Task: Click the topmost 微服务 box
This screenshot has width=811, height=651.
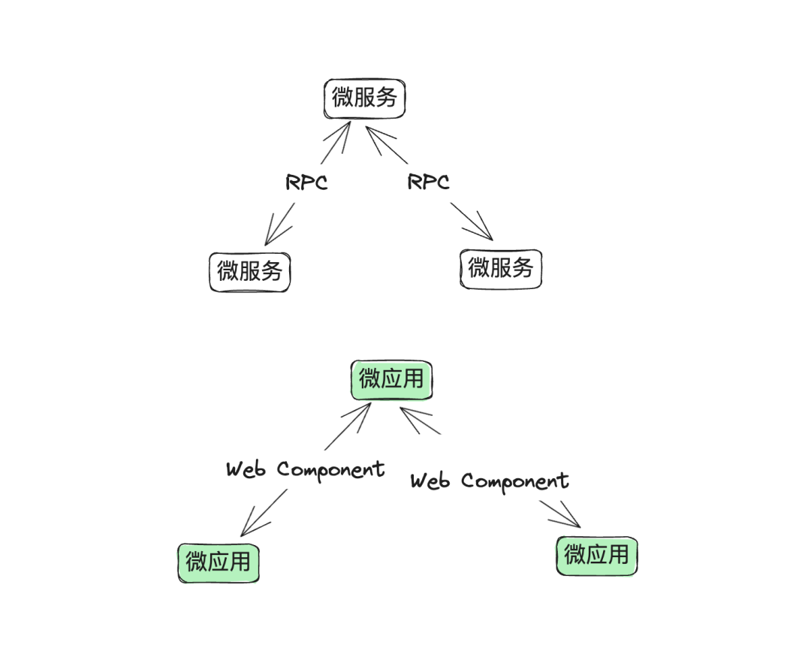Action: click(365, 98)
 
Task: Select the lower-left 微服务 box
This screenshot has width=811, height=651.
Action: click(249, 270)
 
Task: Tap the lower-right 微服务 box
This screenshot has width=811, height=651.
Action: click(500, 268)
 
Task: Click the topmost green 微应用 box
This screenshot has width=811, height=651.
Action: click(391, 379)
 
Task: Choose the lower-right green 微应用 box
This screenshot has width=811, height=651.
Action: click(596, 556)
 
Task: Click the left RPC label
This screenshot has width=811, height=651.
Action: click(306, 182)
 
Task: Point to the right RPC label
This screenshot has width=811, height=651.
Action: click(428, 182)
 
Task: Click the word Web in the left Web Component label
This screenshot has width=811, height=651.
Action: click(246, 470)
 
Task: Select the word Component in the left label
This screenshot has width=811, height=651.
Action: click(330, 470)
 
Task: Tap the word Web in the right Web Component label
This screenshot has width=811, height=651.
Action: click(430, 481)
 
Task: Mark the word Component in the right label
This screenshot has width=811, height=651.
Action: click(515, 481)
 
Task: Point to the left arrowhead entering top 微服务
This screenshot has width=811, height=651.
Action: click(346, 128)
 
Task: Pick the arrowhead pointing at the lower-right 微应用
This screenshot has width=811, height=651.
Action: click(574, 522)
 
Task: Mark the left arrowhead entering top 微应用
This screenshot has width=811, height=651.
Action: click(366, 409)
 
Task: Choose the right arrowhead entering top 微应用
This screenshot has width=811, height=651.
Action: click(407, 413)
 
